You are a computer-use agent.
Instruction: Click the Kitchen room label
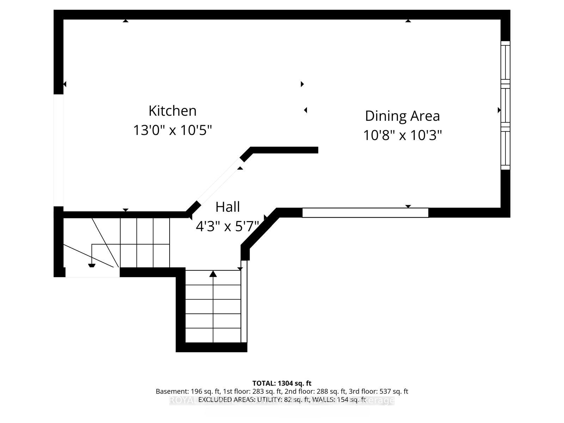pos(172,111)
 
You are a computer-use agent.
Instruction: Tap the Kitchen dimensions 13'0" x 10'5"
pos(172,130)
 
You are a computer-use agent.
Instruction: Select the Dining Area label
pos(402,116)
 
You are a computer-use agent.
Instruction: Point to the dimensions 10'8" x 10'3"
pos(402,135)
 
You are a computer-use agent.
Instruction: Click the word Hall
pos(227,207)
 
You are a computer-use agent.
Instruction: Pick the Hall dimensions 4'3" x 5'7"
pos(227,226)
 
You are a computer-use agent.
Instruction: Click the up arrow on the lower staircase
pos(213,274)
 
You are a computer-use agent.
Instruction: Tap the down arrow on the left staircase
pos(92,265)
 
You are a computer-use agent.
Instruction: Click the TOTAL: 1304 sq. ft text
pos(282,383)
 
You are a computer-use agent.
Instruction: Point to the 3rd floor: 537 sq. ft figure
pos(378,391)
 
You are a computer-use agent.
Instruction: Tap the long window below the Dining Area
pos(365,213)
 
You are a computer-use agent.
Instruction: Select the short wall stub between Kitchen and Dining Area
pos(284,150)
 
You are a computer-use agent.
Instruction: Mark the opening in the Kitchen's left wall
pos(59,150)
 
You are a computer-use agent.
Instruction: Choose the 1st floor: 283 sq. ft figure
pos(251,391)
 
